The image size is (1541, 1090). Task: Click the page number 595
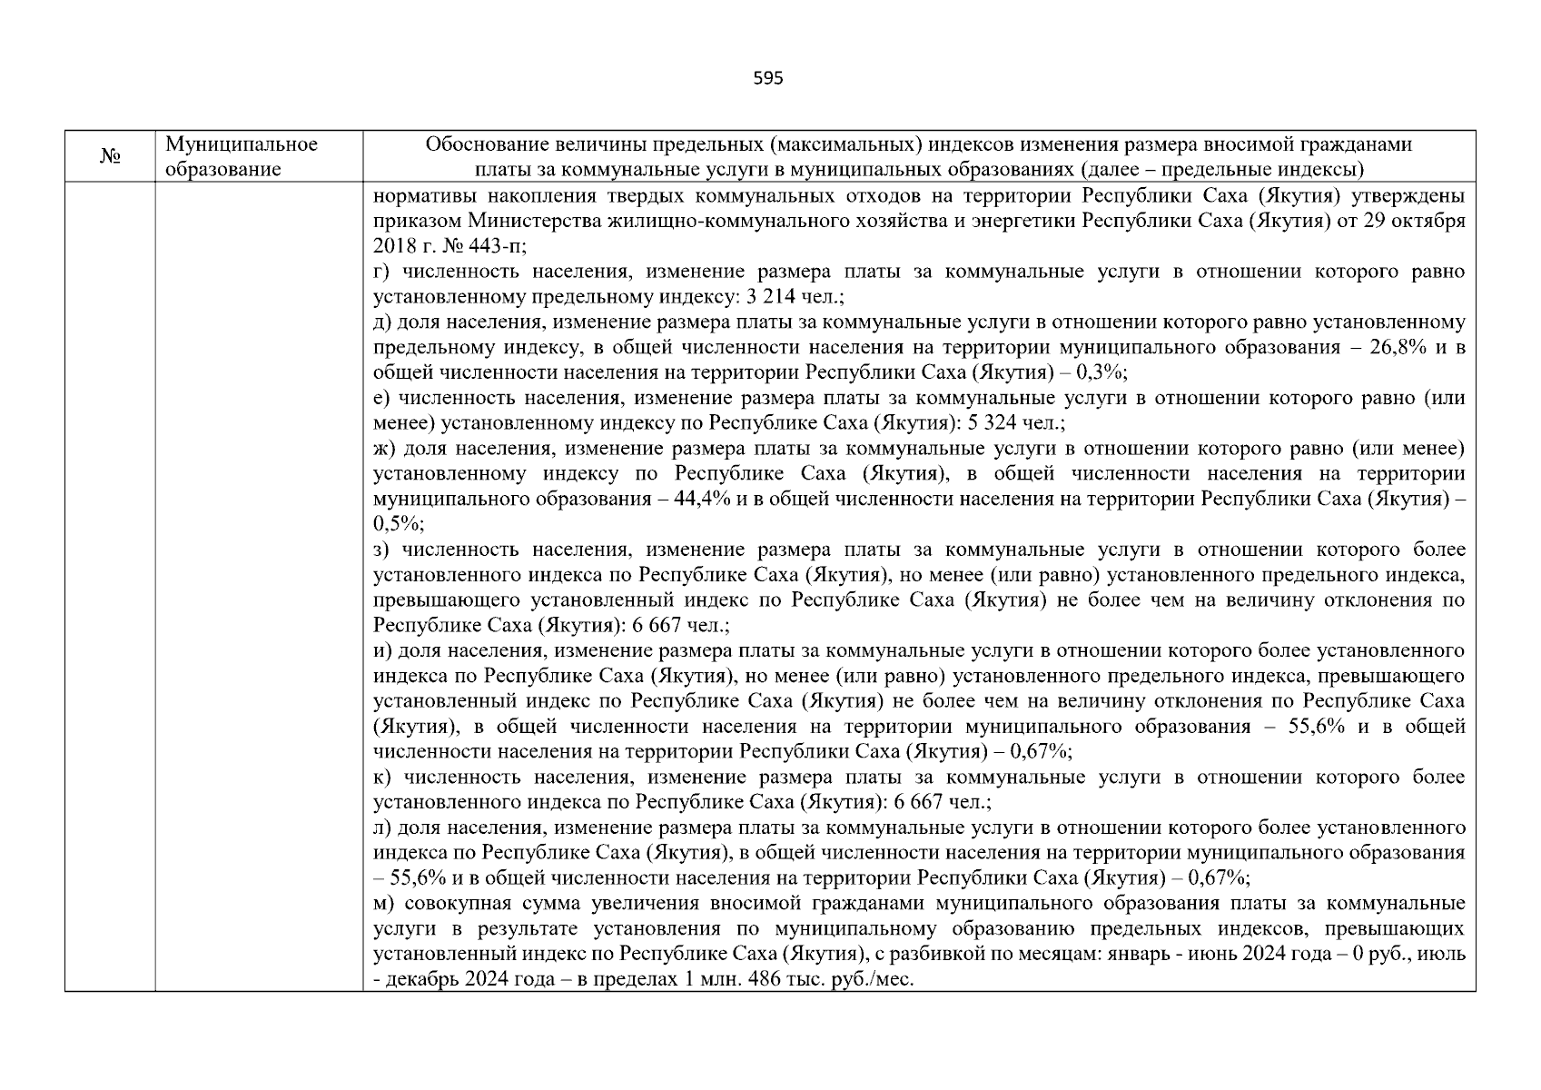point(768,78)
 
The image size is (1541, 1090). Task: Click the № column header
point(110,157)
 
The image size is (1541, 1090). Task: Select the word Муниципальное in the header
point(242,144)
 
